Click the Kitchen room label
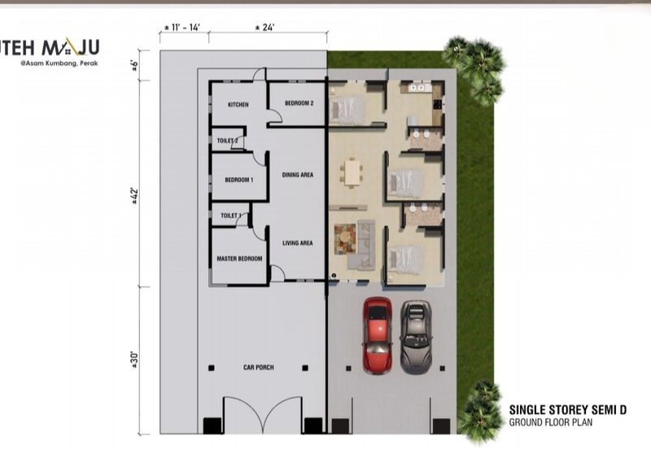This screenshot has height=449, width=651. coord(238,105)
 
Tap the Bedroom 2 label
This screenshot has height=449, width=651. coord(299,103)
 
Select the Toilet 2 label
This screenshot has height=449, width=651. coord(228,141)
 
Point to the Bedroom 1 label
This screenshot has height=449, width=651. coord(239,180)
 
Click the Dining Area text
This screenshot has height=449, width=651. coord(298,175)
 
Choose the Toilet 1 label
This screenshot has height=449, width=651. coord(231,216)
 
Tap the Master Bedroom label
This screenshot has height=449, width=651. coord(239,259)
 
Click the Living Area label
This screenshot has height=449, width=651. coord(298,242)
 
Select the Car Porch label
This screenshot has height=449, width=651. coord(259,367)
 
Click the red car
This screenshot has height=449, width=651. coord(378,335)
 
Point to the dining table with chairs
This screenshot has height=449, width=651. coord(352,172)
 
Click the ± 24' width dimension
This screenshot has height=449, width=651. coord(264,28)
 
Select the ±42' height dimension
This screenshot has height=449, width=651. coord(133,195)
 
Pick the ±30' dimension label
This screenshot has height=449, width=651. coord(133,360)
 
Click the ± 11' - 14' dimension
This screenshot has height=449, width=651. coord(182,28)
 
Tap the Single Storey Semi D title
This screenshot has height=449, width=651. coord(567,410)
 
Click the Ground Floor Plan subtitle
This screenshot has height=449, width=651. coord(551,422)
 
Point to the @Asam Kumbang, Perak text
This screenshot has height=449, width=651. coord(59,63)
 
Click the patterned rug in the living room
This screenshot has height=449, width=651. coord(345,239)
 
